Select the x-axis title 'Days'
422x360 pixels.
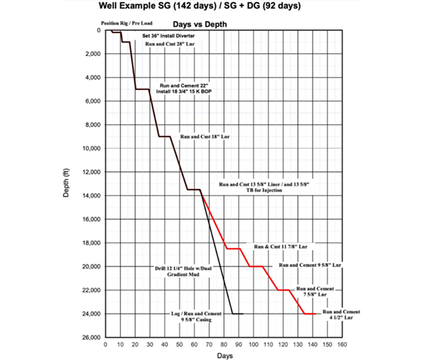pos(223,354)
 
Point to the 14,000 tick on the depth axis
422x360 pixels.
pos(89,196)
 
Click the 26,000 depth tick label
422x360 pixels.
pos(89,338)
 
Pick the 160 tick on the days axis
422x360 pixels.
pos(342,343)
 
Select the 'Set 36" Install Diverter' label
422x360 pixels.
pos(169,35)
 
